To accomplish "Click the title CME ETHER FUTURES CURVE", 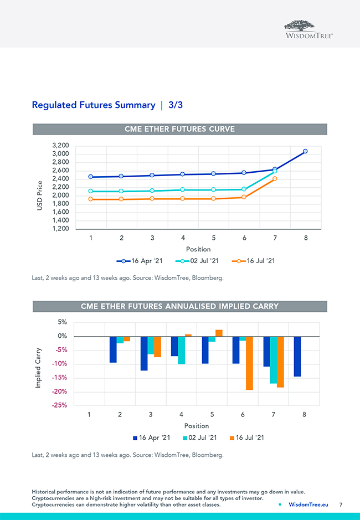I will (179, 129).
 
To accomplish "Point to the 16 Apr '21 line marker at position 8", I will (305, 151).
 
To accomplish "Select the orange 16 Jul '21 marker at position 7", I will (275, 178).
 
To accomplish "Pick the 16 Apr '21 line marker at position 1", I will (90, 177).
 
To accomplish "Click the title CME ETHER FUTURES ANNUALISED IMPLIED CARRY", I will (179, 306).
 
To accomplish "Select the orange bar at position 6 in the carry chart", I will (249, 363).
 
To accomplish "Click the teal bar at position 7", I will (273, 359).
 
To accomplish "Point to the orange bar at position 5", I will (219, 333).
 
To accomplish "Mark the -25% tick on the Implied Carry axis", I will (59, 405).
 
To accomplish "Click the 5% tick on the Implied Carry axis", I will (62, 322).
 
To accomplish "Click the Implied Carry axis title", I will (38, 367).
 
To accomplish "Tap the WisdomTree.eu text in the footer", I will (308, 504).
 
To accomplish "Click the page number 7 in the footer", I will (341, 504).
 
